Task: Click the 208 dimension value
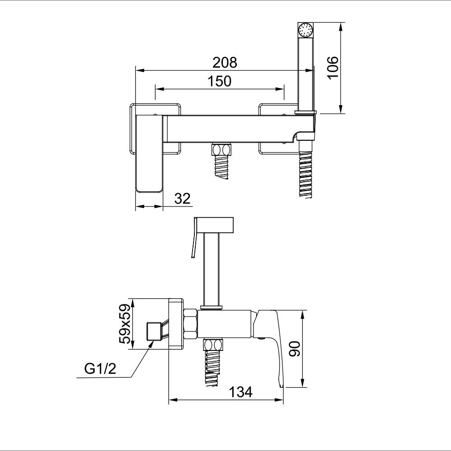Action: (x=225, y=62)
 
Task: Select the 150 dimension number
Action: (x=219, y=81)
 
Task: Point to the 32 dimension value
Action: (x=182, y=198)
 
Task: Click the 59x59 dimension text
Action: (x=125, y=323)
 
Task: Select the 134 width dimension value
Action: (x=241, y=391)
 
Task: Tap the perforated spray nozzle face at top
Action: (x=305, y=30)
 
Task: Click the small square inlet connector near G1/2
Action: (x=154, y=331)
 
